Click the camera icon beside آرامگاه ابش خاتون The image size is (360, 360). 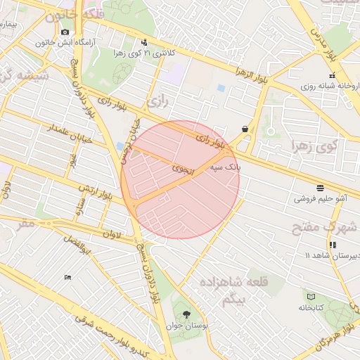(65, 32)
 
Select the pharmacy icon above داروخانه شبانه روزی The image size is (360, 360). (332, 75)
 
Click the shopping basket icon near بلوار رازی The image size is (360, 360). (245, 129)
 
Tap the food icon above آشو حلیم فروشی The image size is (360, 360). (321, 188)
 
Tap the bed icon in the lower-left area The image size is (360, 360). (67, 277)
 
